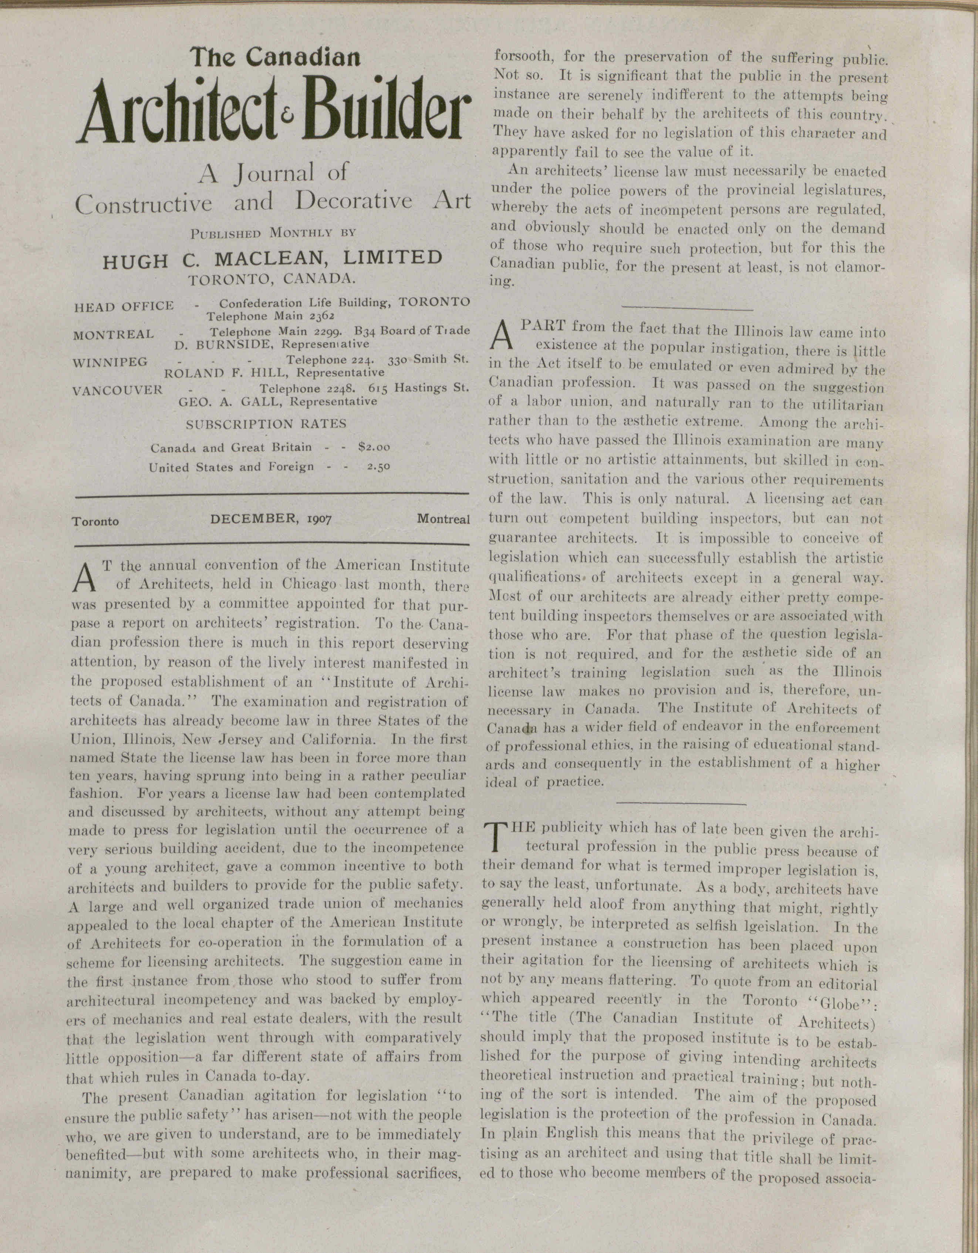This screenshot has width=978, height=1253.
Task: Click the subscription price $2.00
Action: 374,446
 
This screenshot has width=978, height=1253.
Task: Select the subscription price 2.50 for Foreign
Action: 378,466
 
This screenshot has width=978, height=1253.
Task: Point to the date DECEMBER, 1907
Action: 271,519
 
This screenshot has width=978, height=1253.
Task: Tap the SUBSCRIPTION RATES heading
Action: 266,424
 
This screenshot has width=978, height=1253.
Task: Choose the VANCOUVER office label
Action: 118,390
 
